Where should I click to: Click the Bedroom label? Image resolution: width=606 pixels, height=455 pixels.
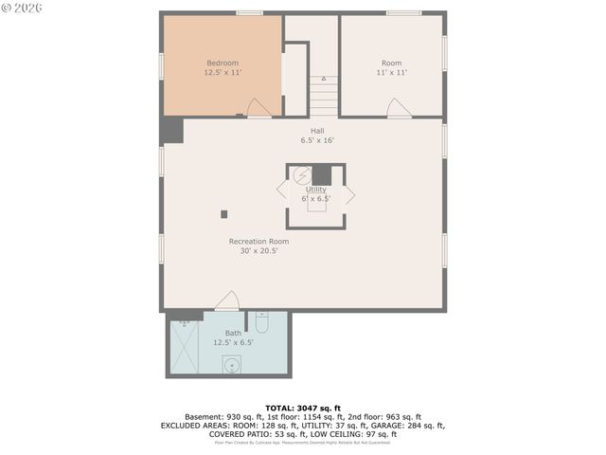coord(222,63)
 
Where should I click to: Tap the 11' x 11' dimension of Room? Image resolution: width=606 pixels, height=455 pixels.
coord(391,72)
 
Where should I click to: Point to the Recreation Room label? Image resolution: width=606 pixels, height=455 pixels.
coord(258,241)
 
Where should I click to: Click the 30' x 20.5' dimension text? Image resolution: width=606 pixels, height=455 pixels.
coord(258,252)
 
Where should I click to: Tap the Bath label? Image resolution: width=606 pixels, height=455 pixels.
coord(233,333)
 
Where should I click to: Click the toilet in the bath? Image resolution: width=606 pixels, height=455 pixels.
coord(262,324)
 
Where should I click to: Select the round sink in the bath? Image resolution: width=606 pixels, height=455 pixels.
coord(230,363)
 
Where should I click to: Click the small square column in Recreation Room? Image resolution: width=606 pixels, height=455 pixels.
coord(224,213)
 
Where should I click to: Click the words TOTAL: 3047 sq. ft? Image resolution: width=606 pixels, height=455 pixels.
coord(302,408)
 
